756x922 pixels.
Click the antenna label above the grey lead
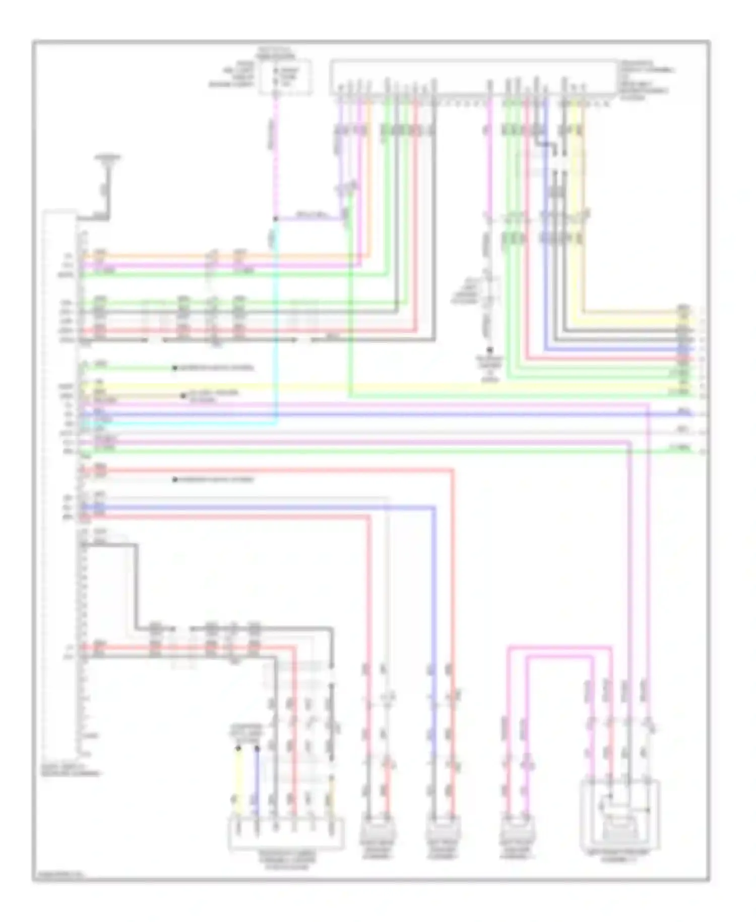pos(108,158)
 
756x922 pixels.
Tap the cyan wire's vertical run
pos(276,328)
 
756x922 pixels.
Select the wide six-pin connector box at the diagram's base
pos(286,835)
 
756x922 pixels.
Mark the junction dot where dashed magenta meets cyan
pos(276,219)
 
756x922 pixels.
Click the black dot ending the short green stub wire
pos(174,368)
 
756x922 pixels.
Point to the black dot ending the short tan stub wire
pos(183,396)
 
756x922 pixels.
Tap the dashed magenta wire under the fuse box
pos(275,151)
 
